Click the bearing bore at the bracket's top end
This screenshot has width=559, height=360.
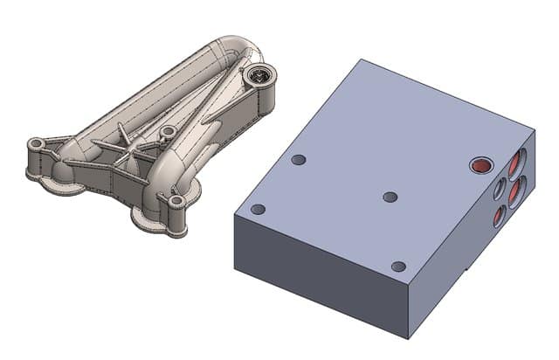pyautogui.click(x=258, y=77)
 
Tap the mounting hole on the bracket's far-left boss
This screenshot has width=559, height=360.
pyautogui.click(x=37, y=142)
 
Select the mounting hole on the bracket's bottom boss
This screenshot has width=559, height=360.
pyautogui.click(x=176, y=202)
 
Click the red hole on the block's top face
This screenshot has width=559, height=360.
pyautogui.click(x=480, y=164)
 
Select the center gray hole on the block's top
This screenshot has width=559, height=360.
pyautogui.click(x=390, y=197)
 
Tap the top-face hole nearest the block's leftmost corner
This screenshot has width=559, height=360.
pyautogui.click(x=258, y=210)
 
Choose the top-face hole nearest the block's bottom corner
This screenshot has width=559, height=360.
pyautogui.click(x=398, y=267)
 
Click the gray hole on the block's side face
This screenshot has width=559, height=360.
pyautogui.click(x=499, y=189)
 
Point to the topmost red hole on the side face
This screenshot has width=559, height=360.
pyautogui.click(x=519, y=161)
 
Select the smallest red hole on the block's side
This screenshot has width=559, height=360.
pyautogui.click(x=498, y=217)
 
